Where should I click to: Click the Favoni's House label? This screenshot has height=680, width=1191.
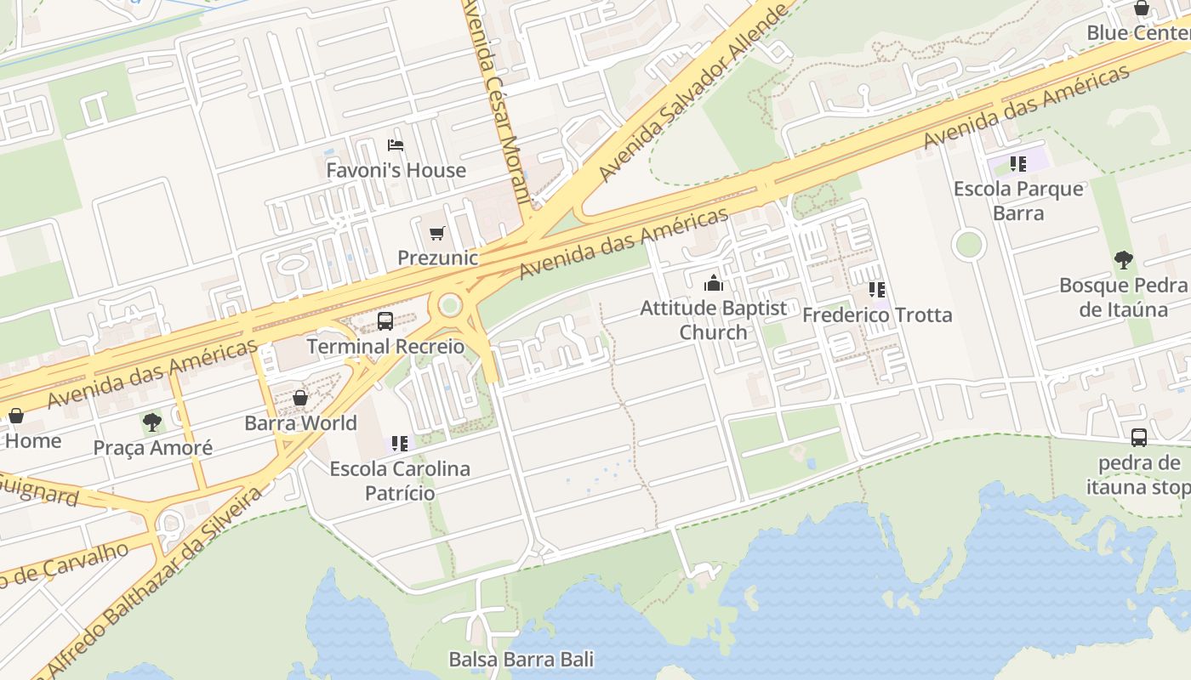(396, 170)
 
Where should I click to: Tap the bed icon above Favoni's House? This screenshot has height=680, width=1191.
(395, 145)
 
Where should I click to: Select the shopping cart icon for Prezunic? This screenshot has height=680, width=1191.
(437, 233)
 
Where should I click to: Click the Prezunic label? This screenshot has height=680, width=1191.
(438, 258)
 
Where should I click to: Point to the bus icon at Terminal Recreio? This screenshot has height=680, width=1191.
(385, 321)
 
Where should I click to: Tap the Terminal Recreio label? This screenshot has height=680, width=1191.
(385, 346)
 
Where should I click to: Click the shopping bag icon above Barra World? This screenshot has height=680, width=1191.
(300, 398)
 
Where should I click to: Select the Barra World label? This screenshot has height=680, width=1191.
(300, 422)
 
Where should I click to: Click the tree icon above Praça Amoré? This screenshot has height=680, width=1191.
(152, 422)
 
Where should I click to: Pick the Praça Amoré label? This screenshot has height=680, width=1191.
(152, 447)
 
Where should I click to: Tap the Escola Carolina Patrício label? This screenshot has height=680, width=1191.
(400, 480)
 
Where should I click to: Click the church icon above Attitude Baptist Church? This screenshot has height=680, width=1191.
(713, 283)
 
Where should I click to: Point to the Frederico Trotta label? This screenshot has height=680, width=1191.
(877, 314)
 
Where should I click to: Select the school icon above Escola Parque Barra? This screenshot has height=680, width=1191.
(1018, 164)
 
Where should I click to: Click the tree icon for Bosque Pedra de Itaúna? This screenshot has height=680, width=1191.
(1123, 260)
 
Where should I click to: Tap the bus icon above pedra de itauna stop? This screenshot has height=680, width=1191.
(1139, 438)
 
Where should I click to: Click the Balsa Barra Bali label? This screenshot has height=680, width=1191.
(521, 659)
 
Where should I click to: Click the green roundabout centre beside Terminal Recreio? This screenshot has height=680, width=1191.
(450, 304)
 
